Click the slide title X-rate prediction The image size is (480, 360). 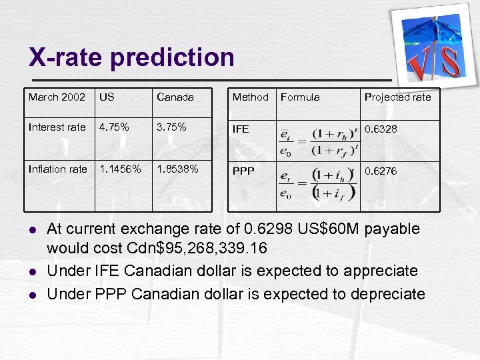pyautogui.click(x=131, y=57)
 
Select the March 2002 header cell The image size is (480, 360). pyautogui.click(x=57, y=97)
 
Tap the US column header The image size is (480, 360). pyautogui.click(x=107, y=97)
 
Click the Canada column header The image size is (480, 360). pyautogui.click(x=175, y=97)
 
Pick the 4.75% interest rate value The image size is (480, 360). pyautogui.click(x=114, y=127)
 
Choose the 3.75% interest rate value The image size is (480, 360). pyautogui.click(x=171, y=127)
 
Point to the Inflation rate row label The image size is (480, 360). pyautogui.click(x=58, y=169)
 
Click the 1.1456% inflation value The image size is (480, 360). pyautogui.click(x=120, y=169)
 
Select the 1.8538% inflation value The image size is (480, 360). pyautogui.click(x=177, y=169)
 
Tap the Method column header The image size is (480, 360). pyautogui.click(x=250, y=97)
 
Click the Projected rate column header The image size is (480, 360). pyautogui.click(x=397, y=97)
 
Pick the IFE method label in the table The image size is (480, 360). pyautogui.click(x=241, y=129)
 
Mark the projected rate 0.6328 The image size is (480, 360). pyautogui.click(x=381, y=129)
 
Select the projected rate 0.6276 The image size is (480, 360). pyautogui.click(x=381, y=171)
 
